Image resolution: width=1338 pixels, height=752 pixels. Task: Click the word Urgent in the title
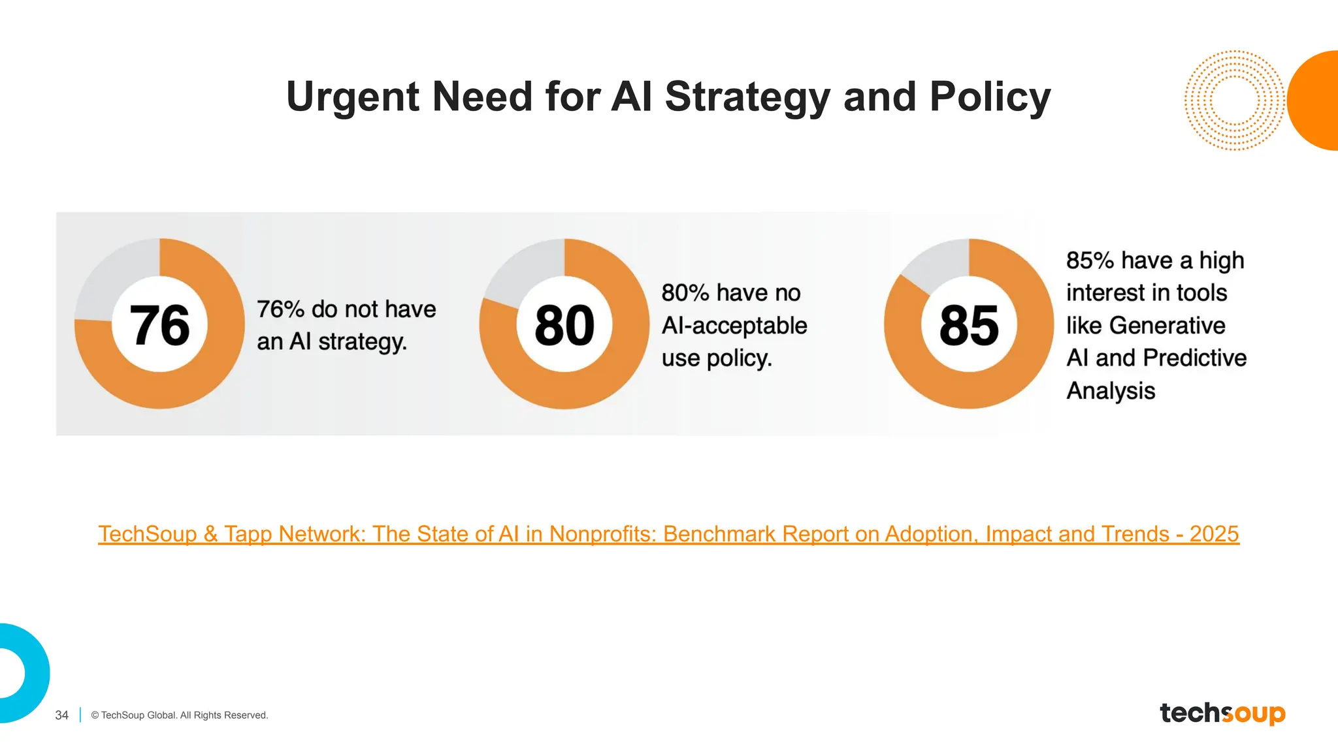pyautogui.click(x=353, y=97)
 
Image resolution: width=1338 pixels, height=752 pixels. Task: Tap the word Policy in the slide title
pyautogui.click(x=990, y=97)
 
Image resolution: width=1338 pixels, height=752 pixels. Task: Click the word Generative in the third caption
pyautogui.click(x=1167, y=325)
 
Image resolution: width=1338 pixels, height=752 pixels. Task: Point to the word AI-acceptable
pyautogui.click(x=734, y=325)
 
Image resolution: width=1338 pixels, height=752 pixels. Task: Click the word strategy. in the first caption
pyautogui.click(x=363, y=341)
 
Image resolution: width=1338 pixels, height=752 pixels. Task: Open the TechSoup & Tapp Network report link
pyautogui.click(x=668, y=534)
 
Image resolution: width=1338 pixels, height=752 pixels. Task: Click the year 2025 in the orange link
pyautogui.click(x=1214, y=534)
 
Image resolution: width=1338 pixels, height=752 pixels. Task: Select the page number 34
pyautogui.click(x=61, y=715)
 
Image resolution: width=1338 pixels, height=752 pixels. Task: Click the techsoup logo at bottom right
pyautogui.click(x=1222, y=713)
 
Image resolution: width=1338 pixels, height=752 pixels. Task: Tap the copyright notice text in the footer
pyautogui.click(x=180, y=715)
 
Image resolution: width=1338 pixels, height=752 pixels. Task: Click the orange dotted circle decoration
pyautogui.click(x=1233, y=101)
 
